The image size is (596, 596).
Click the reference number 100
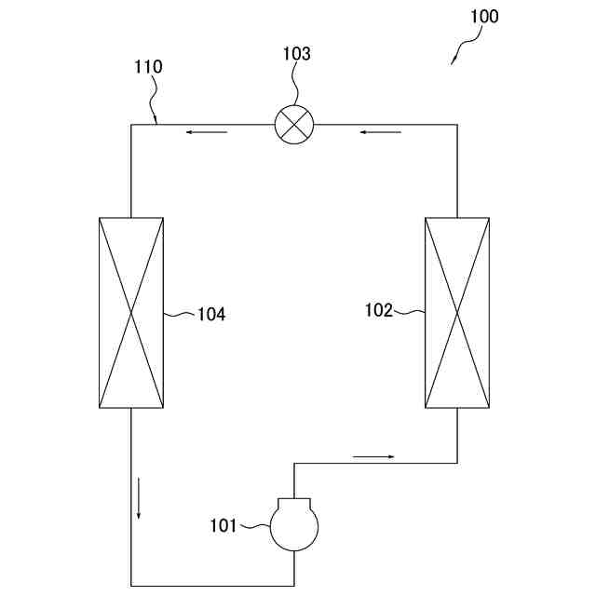pyautogui.click(x=484, y=17)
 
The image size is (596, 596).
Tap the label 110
pyautogui.click(x=148, y=67)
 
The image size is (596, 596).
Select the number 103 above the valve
pyautogui.click(x=296, y=54)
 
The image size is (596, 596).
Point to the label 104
pyautogui.click(x=211, y=315)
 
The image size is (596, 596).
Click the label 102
pyautogui.click(x=379, y=311)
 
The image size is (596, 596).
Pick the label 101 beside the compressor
pyautogui.click(x=223, y=526)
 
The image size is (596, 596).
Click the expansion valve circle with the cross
pyautogui.click(x=294, y=124)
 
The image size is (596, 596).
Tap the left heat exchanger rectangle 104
pyautogui.click(x=131, y=313)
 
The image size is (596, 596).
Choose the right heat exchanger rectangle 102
pyautogui.click(x=456, y=313)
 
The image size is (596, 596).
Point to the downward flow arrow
pyautogui.click(x=140, y=498)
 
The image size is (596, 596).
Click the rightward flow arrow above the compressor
pyautogui.click(x=373, y=456)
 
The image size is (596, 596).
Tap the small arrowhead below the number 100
pyautogui.click(x=454, y=60)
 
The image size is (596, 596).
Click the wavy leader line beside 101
pyautogui.click(x=254, y=527)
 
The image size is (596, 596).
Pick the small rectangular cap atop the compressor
pyautogui.click(x=293, y=504)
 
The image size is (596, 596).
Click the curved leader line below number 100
pyautogui.click(x=466, y=43)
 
